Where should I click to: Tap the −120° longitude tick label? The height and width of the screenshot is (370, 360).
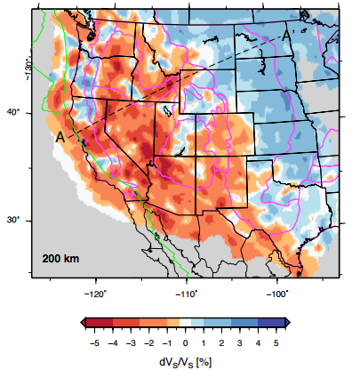click(95, 291)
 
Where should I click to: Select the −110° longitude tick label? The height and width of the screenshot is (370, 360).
click(185, 291)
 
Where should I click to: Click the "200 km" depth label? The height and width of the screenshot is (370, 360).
click(60, 260)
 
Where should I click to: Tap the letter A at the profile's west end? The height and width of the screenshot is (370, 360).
click(60, 137)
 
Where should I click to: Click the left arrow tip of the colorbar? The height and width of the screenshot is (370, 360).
click(81, 322)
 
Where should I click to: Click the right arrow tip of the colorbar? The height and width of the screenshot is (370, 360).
click(290, 322)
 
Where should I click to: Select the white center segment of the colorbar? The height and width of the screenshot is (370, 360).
click(185, 322)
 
